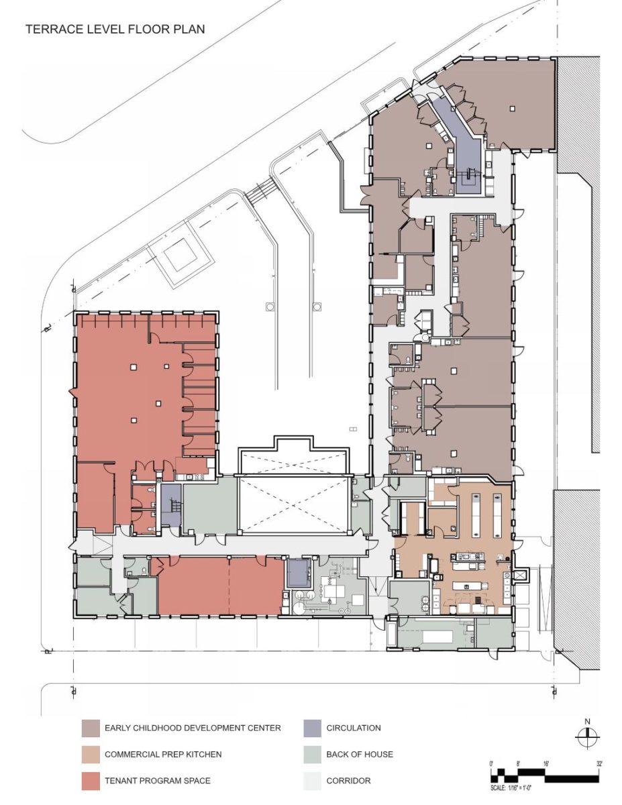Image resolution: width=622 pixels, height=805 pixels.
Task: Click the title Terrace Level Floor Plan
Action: coord(115,30)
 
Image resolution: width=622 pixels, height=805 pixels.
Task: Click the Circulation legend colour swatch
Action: coord(311,728)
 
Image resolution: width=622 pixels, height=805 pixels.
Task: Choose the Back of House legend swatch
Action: coord(311,755)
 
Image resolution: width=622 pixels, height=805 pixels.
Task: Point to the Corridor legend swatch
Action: coord(311,781)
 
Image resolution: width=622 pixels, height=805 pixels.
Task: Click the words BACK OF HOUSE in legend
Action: coord(360,755)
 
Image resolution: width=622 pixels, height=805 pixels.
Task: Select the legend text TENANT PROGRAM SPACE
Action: coord(158,781)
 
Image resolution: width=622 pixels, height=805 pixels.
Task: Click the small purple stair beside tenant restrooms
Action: coord(170,505)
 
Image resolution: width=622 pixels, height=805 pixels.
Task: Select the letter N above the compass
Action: coord(586,722)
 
